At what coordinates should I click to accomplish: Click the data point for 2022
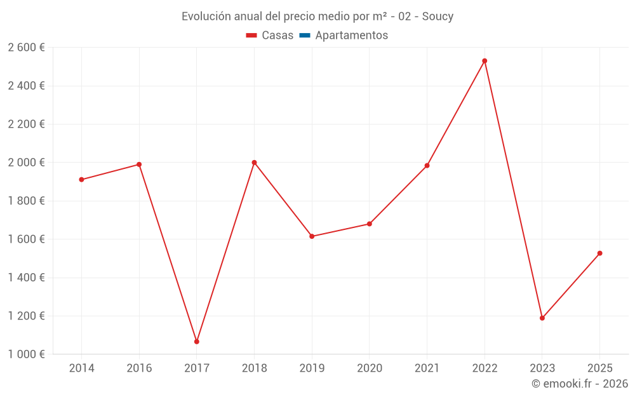(485, 61)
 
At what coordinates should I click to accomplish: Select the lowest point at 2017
(197, 342)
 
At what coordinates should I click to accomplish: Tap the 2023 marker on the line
(542, 318)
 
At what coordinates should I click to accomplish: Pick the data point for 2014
(81, 180)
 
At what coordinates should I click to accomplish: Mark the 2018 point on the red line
(254, 163)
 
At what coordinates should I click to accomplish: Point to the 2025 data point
(599, 253)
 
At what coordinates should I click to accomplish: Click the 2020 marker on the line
(370, 224)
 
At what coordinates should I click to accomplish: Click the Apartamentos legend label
(351, 36)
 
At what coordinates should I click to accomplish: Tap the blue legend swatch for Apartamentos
(304, 36)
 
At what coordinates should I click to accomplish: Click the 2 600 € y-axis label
(26, 48)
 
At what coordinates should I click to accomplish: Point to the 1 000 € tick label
(26, 354)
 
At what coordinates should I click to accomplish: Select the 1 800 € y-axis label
(26, 201)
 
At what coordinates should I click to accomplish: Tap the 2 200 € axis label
(26, 124)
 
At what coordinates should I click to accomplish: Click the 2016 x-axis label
(139, 368)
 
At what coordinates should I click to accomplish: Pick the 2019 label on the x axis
(312, 368)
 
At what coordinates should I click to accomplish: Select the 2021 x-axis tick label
(427, 368)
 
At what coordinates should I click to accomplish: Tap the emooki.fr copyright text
(579, 384)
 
